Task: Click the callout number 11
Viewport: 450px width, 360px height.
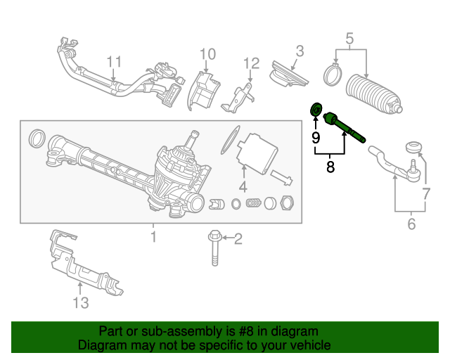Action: coord(114,62)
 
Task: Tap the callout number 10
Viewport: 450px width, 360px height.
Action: coord(207,54)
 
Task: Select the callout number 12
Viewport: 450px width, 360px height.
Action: coord(252,63)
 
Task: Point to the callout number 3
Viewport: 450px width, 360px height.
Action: coord(300,51)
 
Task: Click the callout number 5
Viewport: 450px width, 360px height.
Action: coord(349,39)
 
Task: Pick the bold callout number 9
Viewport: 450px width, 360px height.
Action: coord(316,138)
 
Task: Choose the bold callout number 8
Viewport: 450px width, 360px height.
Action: coord(330,167)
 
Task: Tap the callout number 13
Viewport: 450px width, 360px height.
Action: coord(81,303)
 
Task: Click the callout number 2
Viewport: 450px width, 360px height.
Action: coord(238,239)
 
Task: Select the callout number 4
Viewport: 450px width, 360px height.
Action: coord(243,187)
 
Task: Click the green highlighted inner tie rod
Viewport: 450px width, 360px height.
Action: coord(345,127)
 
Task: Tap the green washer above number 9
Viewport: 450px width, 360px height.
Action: coord(316,109)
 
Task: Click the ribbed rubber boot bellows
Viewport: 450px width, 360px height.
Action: coord(373,94)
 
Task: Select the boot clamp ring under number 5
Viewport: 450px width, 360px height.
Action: coord(333,75)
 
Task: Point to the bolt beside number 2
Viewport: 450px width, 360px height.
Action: coord(214,248)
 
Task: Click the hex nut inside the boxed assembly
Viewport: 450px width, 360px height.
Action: coord(287,203)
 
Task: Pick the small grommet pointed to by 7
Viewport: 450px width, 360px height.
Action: coord(414,147)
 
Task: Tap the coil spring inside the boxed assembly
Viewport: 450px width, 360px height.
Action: coord(253,203)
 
